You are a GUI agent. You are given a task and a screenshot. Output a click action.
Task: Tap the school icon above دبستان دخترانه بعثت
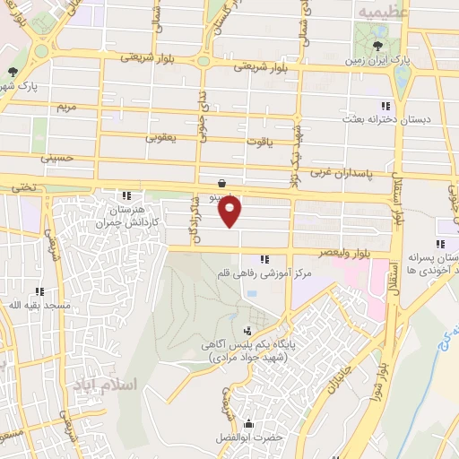(385, 104)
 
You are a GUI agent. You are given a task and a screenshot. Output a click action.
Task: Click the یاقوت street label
(258, 141)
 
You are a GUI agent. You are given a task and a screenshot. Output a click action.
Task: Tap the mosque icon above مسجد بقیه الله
(39, 290)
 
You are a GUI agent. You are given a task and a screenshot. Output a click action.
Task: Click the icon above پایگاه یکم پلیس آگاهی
(248, 331)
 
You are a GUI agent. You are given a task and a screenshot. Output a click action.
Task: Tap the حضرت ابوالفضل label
(247, 437)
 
